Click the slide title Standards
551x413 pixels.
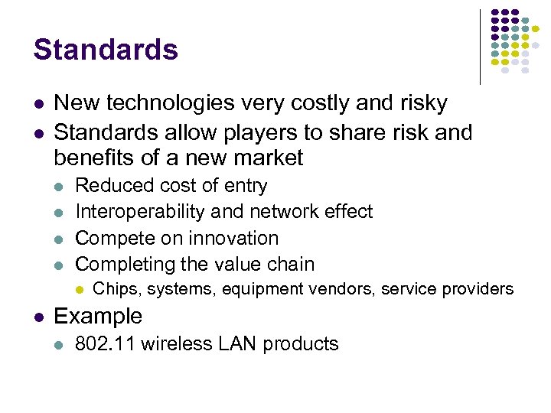click(106, 50)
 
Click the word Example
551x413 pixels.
click(98, 316)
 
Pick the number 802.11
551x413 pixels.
click(105, 344)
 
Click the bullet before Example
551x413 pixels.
click(38, 317)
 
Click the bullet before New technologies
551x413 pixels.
click(38, 105)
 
